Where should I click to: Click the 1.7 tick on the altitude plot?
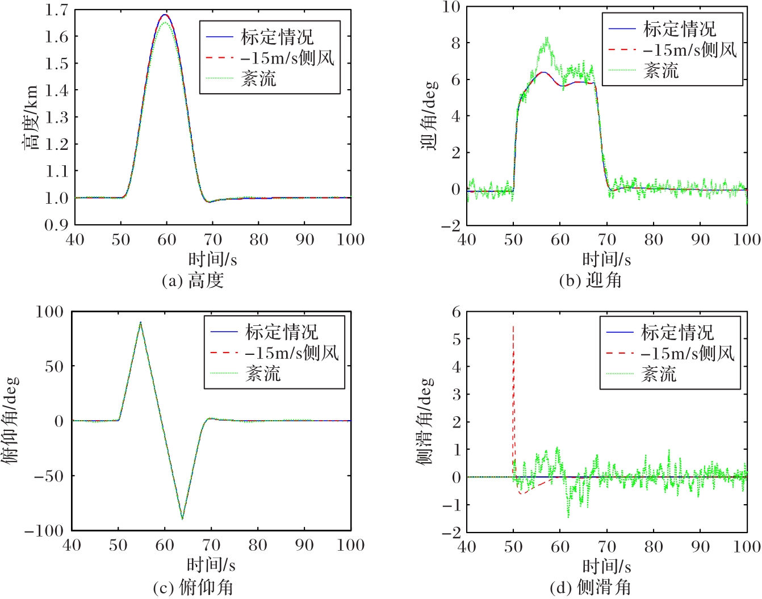coord(56,10)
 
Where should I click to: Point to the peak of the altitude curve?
coord(165,15)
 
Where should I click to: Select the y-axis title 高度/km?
coord(30,118)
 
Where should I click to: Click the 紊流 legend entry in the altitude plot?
coord(258,78)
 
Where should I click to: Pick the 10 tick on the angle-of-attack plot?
coord(451,7)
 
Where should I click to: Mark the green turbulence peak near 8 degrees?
coord(546,39)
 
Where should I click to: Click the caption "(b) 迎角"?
coord(590,280)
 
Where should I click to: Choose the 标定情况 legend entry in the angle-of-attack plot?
coord(680,28)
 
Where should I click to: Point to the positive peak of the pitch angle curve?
coord(141,322)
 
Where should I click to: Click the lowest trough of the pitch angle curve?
coord(182,518)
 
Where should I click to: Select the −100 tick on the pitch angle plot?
coord(44,531)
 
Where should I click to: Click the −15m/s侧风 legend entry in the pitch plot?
coord(291,353)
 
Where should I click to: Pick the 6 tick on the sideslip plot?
coord(455,312)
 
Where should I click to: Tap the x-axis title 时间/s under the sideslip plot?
coord(606,566)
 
